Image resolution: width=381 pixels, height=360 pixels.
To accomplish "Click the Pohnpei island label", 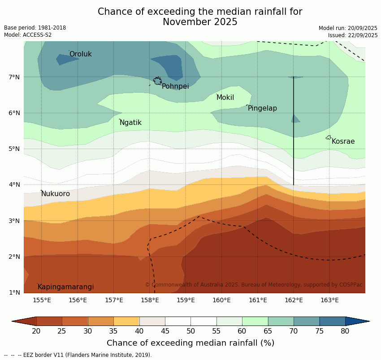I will pos(175,86).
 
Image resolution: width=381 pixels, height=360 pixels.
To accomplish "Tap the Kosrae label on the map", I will pos(343,141).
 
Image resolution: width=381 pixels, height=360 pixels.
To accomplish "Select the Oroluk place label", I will pos(80,54).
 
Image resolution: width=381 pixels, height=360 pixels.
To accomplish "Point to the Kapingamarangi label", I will pos(65,287).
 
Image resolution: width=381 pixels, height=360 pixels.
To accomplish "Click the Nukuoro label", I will pos(56,194).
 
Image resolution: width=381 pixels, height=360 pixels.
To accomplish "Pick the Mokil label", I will pos(225,98).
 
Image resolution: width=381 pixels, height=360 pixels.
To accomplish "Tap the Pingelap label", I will pos(262,108).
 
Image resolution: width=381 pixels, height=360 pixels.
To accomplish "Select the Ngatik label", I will pos(130,123).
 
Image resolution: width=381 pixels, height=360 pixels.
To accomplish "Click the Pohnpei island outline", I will pos(157,81).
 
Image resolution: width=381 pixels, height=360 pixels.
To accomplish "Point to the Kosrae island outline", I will pos(329,137).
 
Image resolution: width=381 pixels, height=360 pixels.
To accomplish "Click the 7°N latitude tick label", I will pos(14,77).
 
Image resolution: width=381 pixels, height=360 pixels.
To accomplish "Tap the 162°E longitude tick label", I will pos(294,300).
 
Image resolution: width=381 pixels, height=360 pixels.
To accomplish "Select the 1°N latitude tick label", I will pos(14,292).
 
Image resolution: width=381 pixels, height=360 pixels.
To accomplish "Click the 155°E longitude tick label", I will pos(42,300).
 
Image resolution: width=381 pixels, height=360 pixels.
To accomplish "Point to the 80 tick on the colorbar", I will pos(345,331).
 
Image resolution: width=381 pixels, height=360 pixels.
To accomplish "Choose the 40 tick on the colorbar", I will pos(139,331).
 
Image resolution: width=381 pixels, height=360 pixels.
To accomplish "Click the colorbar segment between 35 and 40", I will pos(126,321).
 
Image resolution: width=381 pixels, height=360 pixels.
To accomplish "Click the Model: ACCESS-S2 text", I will pos(28,35).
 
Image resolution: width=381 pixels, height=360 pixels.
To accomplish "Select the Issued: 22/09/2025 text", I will pos(353,35).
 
